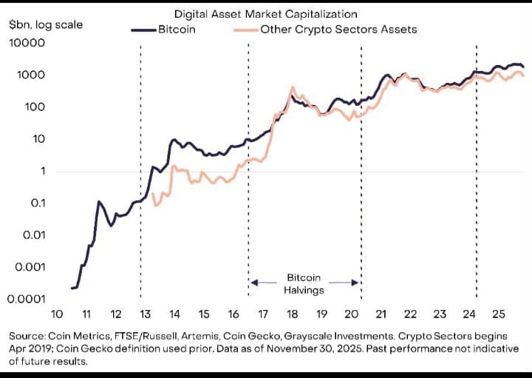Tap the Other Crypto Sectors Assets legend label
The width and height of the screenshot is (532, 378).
338,30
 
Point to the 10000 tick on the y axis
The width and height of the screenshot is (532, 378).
27,43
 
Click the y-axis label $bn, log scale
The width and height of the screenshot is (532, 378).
46,24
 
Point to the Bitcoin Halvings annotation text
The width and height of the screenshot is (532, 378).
304,283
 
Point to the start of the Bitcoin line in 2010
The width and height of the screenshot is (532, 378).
72,288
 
